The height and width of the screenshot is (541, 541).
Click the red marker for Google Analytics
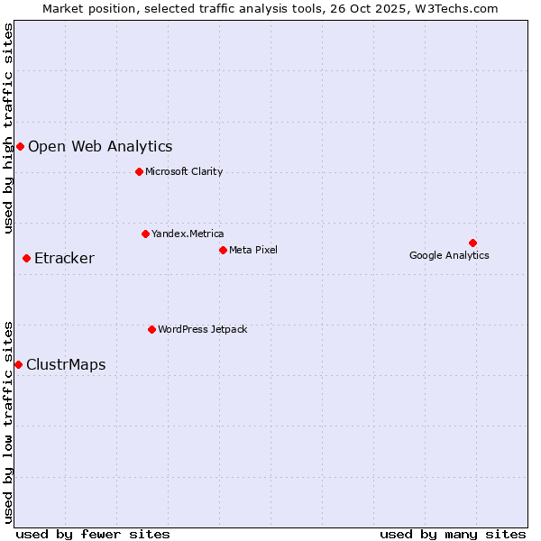point(472,243)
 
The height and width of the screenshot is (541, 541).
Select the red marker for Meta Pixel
point(223,250)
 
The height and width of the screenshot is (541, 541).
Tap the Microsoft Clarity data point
point(139,171)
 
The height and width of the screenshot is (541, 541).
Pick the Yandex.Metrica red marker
point(145,234)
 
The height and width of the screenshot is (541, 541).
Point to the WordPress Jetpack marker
point(151,329)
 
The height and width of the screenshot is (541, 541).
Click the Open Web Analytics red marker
point(20,146)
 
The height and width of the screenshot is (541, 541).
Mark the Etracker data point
point(26,259)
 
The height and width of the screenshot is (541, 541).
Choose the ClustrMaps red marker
point(18,364)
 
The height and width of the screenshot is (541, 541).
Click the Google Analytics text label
point(449,255)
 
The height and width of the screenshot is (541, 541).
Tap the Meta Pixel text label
point(253,250)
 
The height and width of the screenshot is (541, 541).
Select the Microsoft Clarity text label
point(184,171)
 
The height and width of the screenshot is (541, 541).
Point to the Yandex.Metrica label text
point(188,234)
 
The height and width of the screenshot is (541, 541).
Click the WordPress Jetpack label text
point(202,329)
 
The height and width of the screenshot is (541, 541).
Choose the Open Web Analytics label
point(100,146)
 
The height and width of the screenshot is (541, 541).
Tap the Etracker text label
point(64,259)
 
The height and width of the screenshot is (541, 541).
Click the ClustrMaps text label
point(66,364)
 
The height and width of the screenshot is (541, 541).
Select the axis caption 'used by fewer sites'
point(93,534)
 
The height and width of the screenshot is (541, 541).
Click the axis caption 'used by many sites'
point(453,534)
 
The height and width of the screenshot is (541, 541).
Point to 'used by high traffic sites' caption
point(8,128)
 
